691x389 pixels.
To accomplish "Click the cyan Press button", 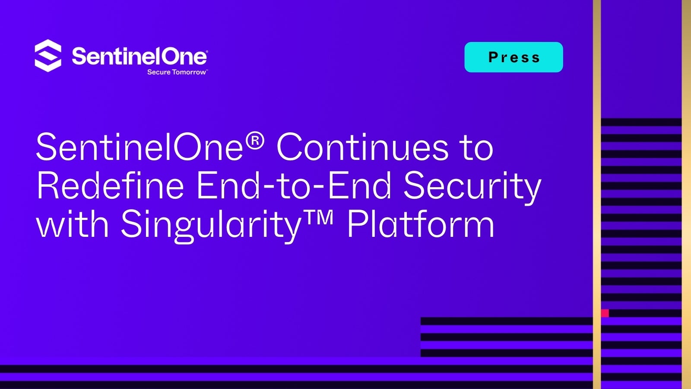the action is pos(513,57).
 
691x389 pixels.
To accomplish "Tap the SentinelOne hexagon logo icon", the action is pos(48,56).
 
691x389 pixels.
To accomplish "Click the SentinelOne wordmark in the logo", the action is pos(139,56).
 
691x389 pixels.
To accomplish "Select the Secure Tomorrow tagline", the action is pos(177,72).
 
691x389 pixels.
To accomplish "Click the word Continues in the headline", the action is pos(362,147).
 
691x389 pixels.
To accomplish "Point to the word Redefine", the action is pos(110,185).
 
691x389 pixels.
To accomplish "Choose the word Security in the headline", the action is pos(472,188).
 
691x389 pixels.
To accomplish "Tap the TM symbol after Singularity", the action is pos(318,218).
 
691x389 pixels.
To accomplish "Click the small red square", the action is pos(605,313).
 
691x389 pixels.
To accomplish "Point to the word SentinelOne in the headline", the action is pos(140,147).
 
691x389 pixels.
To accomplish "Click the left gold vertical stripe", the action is pos(596,194).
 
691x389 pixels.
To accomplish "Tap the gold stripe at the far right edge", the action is pos(686,194).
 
